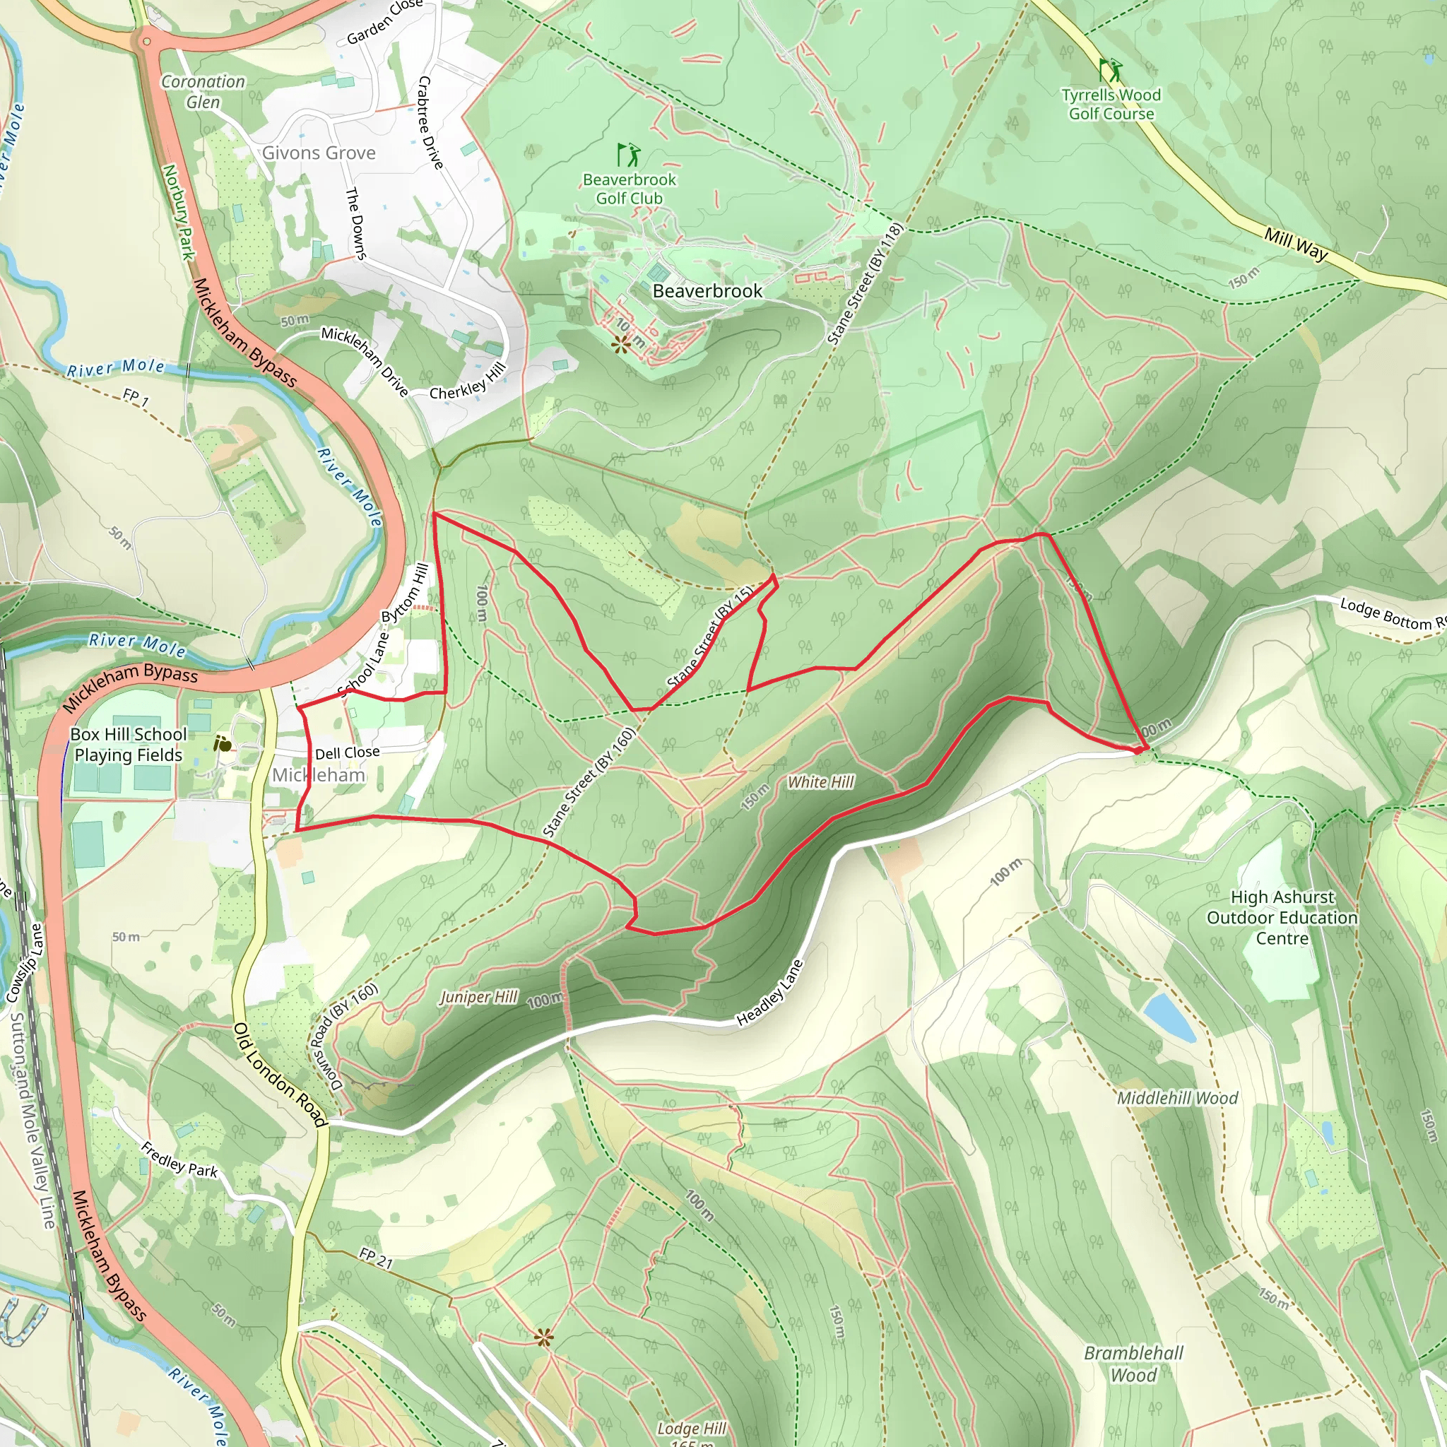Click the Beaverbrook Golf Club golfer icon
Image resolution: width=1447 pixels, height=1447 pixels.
[628, 155]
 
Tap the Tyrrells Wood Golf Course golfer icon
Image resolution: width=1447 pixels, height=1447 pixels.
[1110, 71]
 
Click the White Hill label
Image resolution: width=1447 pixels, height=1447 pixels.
[820, 782]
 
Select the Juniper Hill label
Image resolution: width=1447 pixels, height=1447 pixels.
[478, 997]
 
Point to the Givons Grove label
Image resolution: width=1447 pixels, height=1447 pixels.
[319, 153]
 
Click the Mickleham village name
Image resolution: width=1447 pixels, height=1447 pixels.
[319, 775]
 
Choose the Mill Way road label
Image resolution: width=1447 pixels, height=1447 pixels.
[1296, 244]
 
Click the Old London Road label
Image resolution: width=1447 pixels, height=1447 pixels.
[280, 1075]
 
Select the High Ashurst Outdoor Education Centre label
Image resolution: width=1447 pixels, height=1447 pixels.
[1282, 918]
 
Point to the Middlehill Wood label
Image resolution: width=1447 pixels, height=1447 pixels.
[1177, 1098]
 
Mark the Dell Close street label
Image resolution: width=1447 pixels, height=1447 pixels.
[347, 752]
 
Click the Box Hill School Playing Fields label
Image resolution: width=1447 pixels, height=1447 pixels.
[128, 745]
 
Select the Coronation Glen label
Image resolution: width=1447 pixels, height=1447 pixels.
[203, 91]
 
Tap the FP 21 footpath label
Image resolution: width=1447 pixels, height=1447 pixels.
[375, 1258]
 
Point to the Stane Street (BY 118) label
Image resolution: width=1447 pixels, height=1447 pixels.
[866, 284]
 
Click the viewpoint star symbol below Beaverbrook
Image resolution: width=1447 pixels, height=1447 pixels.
[621, 344]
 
